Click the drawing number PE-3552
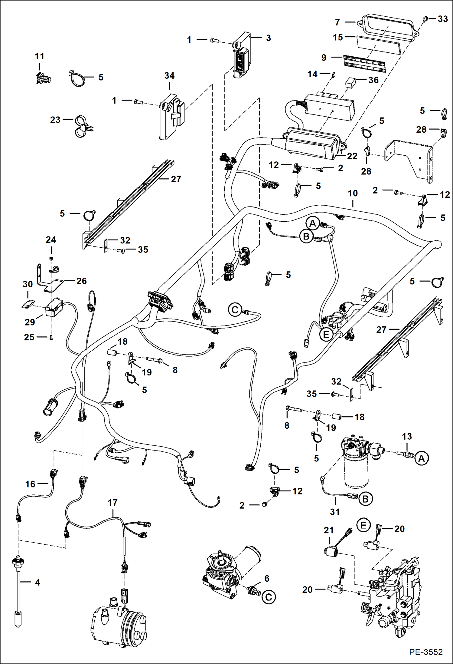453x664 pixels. pos(426,652)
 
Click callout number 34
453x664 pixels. pos(169,76)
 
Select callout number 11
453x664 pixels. pos(39,56)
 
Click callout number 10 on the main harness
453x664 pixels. pos(353,193)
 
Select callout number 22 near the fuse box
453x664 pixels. pos(352,156)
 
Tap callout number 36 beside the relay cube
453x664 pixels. pos(373,80)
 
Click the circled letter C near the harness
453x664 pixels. pos(235,310)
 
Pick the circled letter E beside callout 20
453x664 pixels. pos(363,525)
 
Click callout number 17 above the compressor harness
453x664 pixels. pos(112,503)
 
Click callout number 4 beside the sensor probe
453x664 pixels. pos(37,582)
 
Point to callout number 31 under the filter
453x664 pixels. pos(335,512)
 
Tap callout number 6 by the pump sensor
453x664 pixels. pos(267,578)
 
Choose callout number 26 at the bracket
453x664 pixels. pos(81,281)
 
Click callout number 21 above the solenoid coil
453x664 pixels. pos(328,530)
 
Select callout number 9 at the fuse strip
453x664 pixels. pos(324,58)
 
